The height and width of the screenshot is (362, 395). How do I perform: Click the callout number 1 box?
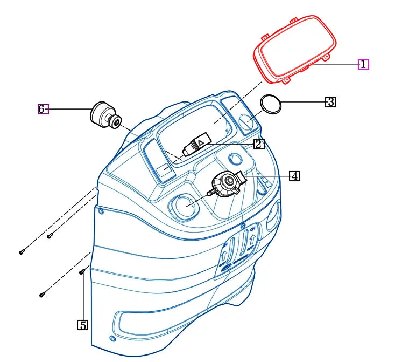(363, 65)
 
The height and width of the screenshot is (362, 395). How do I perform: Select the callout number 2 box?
(259, 144)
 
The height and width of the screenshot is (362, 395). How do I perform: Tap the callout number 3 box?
(330, 102)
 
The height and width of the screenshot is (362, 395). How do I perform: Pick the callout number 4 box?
(294, 176)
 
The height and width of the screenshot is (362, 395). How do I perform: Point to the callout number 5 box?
(82, 325)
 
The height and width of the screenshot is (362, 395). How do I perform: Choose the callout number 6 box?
(43, 109)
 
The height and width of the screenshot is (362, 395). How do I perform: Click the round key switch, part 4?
(227, 183)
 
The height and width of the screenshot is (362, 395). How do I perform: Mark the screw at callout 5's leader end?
(82, 272)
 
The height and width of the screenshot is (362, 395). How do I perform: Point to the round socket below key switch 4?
(184, 207)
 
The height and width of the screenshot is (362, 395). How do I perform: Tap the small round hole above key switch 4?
(235, 159)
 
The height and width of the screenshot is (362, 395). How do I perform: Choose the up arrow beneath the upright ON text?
(252, 241)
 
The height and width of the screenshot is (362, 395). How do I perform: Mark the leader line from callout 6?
(70, 109)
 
